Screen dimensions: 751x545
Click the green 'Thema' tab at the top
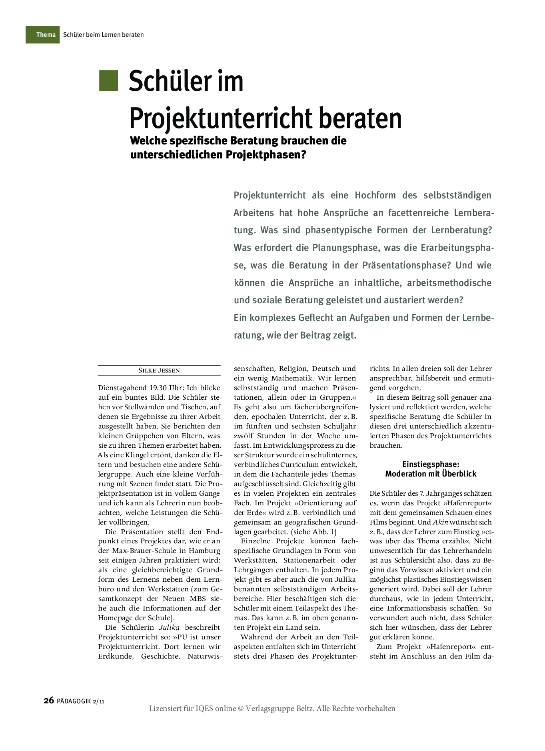[43, 35]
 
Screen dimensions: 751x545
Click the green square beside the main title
[108, 81]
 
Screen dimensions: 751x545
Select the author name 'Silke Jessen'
[159, 370]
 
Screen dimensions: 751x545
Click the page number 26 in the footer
[48, 700]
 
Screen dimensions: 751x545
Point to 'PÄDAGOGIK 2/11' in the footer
[80, 701]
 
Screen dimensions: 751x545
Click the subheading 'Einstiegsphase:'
[431, 464]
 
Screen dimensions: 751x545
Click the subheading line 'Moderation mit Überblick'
[431, 474]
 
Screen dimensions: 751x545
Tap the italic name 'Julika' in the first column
[170, 627]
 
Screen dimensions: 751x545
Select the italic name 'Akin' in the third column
[440, 522]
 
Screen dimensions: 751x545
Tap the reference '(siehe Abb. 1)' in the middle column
[314, 532]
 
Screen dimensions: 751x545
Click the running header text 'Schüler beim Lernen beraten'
[103, 35]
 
